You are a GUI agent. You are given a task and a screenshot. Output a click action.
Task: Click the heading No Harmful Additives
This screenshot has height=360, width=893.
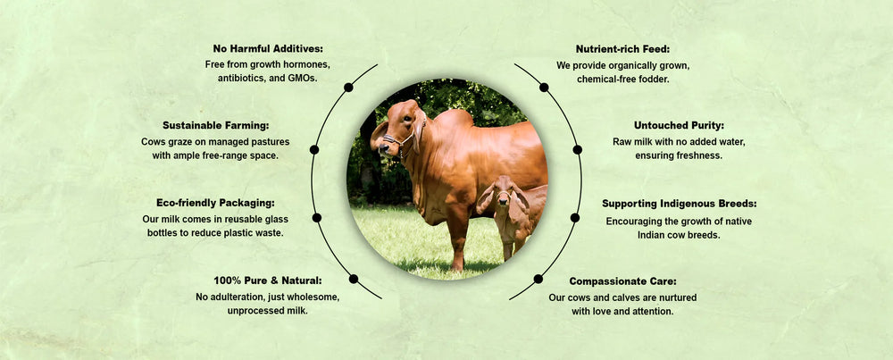click(x=268, y=48)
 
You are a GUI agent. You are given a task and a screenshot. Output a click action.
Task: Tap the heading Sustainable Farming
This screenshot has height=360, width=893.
click(x=216, y=125)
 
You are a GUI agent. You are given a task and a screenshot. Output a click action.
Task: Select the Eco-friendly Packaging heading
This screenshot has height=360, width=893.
click(x=215, y=203)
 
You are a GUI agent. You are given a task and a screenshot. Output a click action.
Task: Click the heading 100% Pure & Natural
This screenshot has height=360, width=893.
click(x=268, y=280)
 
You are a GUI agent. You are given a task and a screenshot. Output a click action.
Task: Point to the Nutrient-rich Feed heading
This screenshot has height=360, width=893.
click(x=622, y=48)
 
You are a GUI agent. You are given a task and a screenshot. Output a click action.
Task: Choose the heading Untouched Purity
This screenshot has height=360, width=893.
click(x=679, y=125)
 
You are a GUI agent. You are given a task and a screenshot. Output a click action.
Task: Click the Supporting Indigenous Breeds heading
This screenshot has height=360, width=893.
click(x=680, y=204)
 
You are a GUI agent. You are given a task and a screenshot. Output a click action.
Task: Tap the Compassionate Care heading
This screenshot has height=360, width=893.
click(x=623, y=280)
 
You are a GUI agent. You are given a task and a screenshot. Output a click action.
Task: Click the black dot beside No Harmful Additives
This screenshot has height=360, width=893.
click(x=348, y=88)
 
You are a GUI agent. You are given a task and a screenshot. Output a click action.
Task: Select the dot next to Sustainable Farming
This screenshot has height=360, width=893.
click(x=313, y=149)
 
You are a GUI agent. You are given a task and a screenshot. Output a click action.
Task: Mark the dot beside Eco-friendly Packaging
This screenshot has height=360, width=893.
click(x=317, y=218)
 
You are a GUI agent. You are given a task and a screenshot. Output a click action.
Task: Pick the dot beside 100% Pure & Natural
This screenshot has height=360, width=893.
click(x=353, y=279)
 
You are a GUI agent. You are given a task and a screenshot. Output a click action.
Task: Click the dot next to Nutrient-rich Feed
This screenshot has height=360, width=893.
click(x=544, y=88)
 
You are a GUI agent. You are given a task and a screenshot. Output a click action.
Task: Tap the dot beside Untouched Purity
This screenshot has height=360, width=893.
click(x=578, y=149)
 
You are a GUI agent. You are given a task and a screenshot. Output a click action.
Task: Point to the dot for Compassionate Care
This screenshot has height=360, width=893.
click(x=538, y=279)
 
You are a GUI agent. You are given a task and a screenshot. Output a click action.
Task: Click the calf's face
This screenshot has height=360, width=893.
click(x=503, y=193)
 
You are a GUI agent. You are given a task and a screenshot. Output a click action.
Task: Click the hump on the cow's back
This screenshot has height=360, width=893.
click(x=454, y=119)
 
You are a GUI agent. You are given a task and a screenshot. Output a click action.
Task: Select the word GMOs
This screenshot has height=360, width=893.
click(x=301, y=78)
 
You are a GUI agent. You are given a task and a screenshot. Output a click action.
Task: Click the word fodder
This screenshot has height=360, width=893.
click(x=653, y=80)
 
